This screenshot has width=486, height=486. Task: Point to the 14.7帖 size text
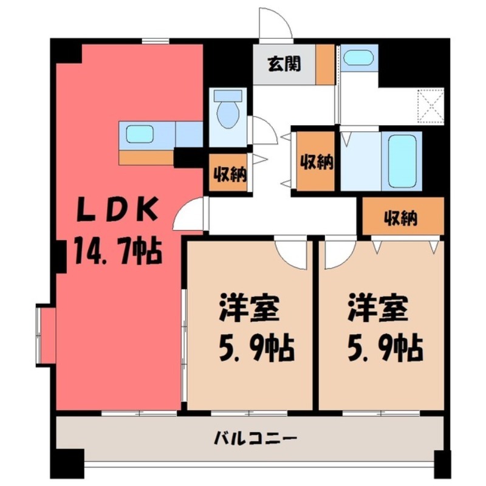point(118,250)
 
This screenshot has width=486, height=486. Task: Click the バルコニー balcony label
point(256,437)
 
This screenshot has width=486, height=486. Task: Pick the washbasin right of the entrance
point(357,58)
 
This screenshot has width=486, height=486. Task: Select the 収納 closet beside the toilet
point(228,175)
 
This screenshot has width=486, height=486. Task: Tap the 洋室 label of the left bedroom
point(249,309)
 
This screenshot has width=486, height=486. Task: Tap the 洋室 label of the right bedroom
point(377,309)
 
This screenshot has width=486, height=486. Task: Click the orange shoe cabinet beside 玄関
point(325,64)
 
